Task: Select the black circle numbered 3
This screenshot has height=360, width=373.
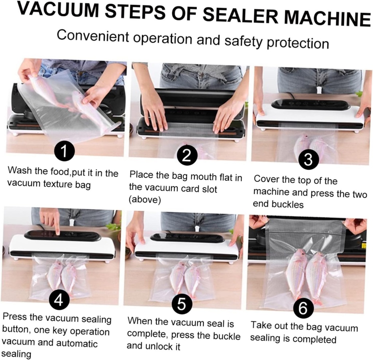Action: pos(308,160)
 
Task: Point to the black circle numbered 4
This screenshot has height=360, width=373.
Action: pos(59,300)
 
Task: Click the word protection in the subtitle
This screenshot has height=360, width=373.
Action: pos(298,43)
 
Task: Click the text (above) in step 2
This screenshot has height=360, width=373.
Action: pos(145,199)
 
